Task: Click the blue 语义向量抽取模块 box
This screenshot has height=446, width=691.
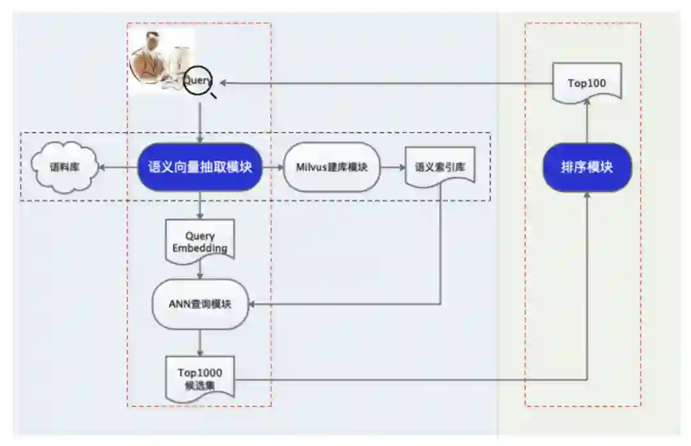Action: point(200,167)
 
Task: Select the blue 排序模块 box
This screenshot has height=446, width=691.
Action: point(587,167)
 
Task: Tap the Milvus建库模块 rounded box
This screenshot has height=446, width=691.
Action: point(331,167)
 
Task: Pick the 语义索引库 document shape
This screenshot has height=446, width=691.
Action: point(440,167)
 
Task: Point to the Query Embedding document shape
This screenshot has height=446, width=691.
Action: point(200,241)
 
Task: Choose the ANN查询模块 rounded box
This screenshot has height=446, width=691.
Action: point(200,304)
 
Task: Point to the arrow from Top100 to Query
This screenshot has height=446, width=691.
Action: point(384,83)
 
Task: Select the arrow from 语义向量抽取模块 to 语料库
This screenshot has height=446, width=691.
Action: point(119,168)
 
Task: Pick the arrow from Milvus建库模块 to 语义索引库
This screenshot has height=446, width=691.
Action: point(392,168)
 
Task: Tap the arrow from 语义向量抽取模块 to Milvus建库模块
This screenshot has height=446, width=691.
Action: point(273,168)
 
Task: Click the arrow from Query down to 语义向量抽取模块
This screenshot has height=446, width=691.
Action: point(200,119)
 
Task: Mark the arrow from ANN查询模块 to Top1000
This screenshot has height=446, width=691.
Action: point(200,342)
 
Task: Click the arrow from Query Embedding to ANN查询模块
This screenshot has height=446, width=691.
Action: point(200,270)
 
